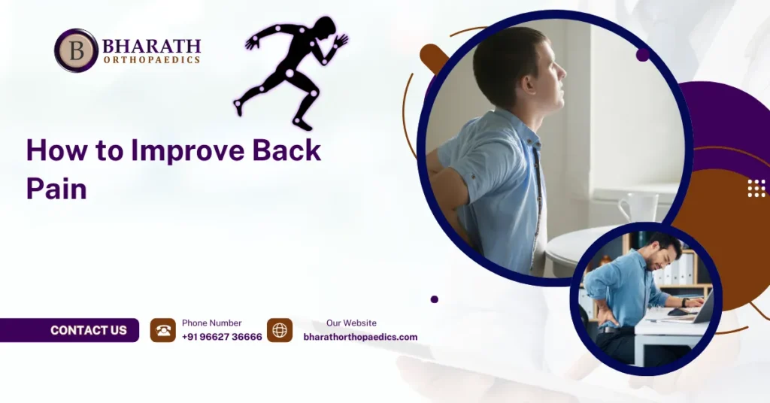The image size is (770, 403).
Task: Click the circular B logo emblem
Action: tap(76, 50)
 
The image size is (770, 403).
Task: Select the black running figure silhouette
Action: tap(290, 71)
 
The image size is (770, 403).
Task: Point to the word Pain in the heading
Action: tap(56, 188)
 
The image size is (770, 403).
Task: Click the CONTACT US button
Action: tap(88, 330)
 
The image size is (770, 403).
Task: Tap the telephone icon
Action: tap(163, 330)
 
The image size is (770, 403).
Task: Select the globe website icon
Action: tap(280, 330)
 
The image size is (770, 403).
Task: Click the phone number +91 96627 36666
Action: tap(222, 337)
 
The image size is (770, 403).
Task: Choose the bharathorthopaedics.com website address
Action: tap(360, 337)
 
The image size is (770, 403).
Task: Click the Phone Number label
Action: tap(211, 323)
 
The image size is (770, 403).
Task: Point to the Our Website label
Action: tap(351, 323)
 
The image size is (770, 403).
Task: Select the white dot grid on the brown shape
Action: tap(756, 188)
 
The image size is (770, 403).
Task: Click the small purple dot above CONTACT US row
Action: tap(435, 299)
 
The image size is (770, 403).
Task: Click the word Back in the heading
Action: tap(286, 151)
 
